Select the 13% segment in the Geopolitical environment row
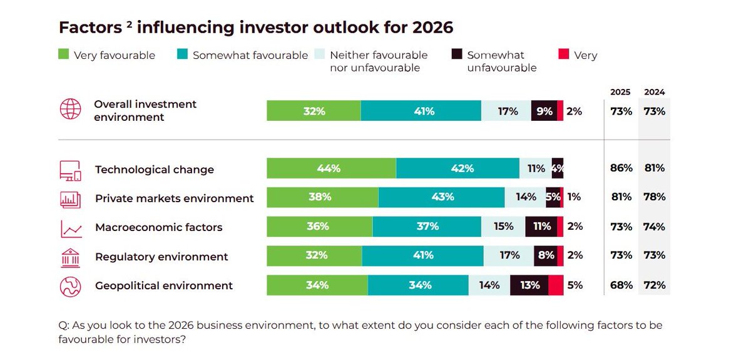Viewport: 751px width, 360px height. pyautogui.click(x=529, y=285)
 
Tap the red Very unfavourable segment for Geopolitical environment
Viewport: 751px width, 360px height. pyautogui.click(x=556, y=285)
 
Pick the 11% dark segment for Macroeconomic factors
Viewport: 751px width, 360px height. pyautogui.click(x=541, y=227)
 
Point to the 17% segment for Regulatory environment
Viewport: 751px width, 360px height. pyautogui.click(x=509, y=256)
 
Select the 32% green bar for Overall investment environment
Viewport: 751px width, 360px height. pyautogui.click(x=314, y=111)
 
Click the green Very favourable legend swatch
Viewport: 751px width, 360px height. pyautogui.click(x=64, y=55)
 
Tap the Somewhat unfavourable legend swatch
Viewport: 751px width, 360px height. pyautogui.click(x=456, y=55)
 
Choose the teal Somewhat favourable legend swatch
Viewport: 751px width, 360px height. pyautogui.click(x=182, y=55)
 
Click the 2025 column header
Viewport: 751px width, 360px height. pyautogui.click(x=620, y=92)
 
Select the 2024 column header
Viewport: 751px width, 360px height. pyautogui.click(x=654, y=92)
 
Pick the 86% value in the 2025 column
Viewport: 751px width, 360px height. pyautogui.click(x=621, y=169)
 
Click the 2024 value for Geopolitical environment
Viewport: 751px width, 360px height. pyautogui.click(x=654, y=285)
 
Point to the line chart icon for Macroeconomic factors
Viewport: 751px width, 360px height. pyautogui.click(x=70, y=228)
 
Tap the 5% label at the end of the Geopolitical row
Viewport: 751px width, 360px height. pyautogui.click(x=575, y=285)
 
